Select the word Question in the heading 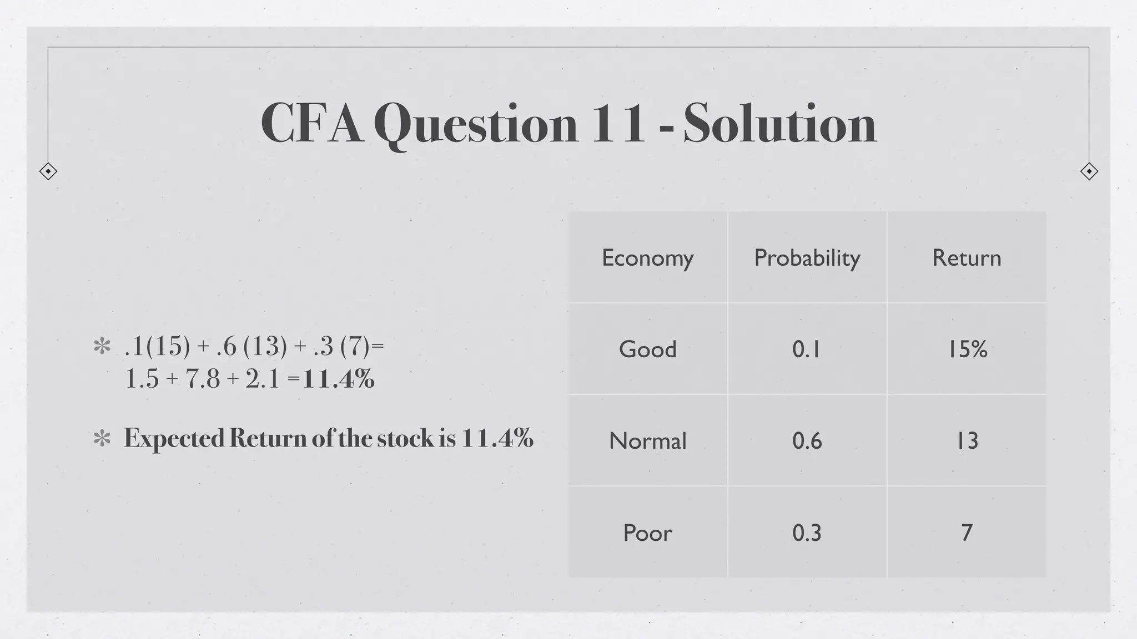(x=475, y=124)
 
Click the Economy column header (x=647, y=258)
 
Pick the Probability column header (x=807, y=258)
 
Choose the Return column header (x=967, y=258)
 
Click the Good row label (x=647, y=349)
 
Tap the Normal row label (x=647, y=441)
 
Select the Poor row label (x=647, y=532)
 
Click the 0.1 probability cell (x=806, y=349)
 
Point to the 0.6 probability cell (x=807, y=441)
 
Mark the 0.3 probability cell (x=807, y=532)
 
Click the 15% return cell (x=967, y=349)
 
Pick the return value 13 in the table (x=967, y=441)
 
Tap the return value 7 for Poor (x=967, y=532)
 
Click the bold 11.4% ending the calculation (x=339, y=379)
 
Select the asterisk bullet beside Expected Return (x=102, y=439)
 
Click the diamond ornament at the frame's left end (x=48, y=171)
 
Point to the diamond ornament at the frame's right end (x=1089, y=171)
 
